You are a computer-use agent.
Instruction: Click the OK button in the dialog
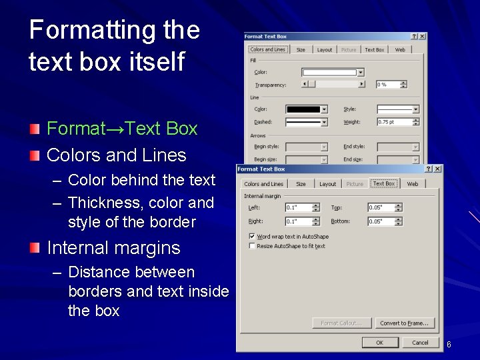[x=379, y=343]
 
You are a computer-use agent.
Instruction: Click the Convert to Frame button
[x=404, y=323]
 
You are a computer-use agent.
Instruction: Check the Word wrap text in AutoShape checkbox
[x=252, y=236]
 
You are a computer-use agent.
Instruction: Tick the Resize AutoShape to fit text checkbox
[x=252, y=246]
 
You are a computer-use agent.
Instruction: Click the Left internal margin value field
[x=298, y=207]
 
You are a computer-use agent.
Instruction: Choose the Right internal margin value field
[x=298, y=221]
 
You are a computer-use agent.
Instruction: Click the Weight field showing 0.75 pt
[x=394, y=122]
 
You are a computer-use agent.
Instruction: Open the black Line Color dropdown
[x=324, y=109]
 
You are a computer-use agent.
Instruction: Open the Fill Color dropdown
[x=360, y=72]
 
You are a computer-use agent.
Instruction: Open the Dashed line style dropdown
[x=324, y=122]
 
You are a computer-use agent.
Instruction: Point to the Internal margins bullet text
[x=113, y=248]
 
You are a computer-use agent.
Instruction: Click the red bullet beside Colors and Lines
[x=35, y=155]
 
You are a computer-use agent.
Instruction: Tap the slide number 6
[x=449, y=344]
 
